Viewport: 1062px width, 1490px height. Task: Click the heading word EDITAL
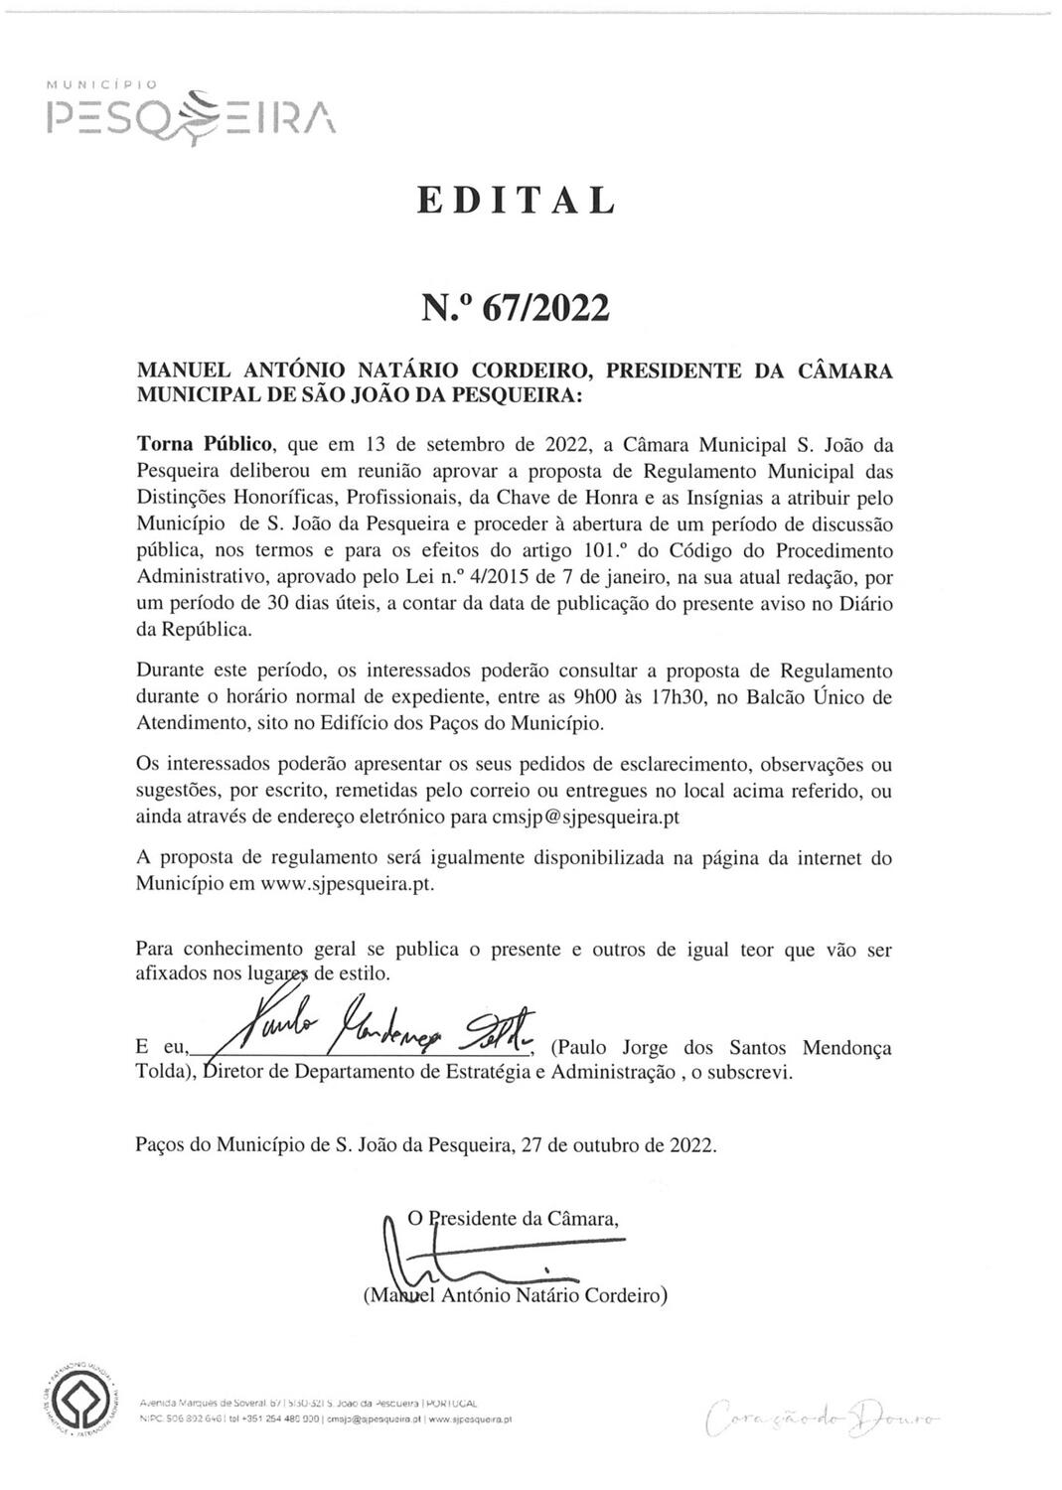point(517,201)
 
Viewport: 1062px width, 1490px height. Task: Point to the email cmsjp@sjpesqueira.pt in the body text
point(585,817)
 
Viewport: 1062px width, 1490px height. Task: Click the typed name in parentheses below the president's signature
point(515,1295)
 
